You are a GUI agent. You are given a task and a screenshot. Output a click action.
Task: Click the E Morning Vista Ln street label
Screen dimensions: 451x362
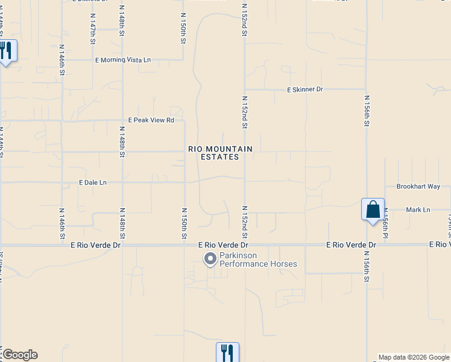(122, 60)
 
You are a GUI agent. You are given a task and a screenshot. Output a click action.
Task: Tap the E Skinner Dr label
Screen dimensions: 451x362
(305, 89)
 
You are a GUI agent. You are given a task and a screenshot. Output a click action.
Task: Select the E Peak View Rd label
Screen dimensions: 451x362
(150, 120)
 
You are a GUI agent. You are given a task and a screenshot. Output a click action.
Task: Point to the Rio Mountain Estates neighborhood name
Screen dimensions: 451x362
(220, 153)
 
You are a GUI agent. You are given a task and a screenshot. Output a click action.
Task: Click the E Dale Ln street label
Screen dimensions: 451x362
(92, 182)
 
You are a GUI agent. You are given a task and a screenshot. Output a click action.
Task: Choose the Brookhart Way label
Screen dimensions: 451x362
(418, 186)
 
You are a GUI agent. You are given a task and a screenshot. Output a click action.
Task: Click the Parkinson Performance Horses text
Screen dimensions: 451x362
(258, 260)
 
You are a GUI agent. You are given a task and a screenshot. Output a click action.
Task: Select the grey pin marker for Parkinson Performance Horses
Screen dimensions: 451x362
(210, 259)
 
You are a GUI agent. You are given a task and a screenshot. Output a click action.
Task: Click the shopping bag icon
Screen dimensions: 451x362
(373, 210)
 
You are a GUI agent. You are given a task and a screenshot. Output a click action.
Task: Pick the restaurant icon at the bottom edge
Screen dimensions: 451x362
(227, 352)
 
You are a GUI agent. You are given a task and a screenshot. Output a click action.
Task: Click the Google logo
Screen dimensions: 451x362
(19, 355)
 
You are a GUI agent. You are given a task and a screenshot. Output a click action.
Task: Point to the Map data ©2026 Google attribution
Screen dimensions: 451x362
(414, 357)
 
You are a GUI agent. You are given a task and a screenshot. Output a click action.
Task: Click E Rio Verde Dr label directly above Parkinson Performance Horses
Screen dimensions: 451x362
(224, 246)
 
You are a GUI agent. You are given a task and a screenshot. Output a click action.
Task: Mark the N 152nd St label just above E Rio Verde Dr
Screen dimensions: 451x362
(245, 221)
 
